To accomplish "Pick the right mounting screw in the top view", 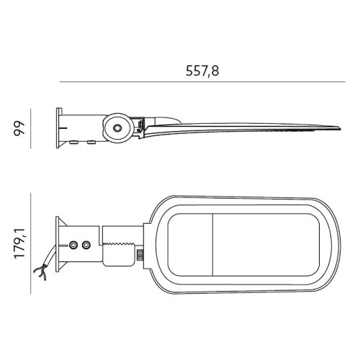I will click(86, 246).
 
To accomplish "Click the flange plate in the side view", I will click(56, 127).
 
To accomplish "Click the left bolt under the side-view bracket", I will click(75, 143).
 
